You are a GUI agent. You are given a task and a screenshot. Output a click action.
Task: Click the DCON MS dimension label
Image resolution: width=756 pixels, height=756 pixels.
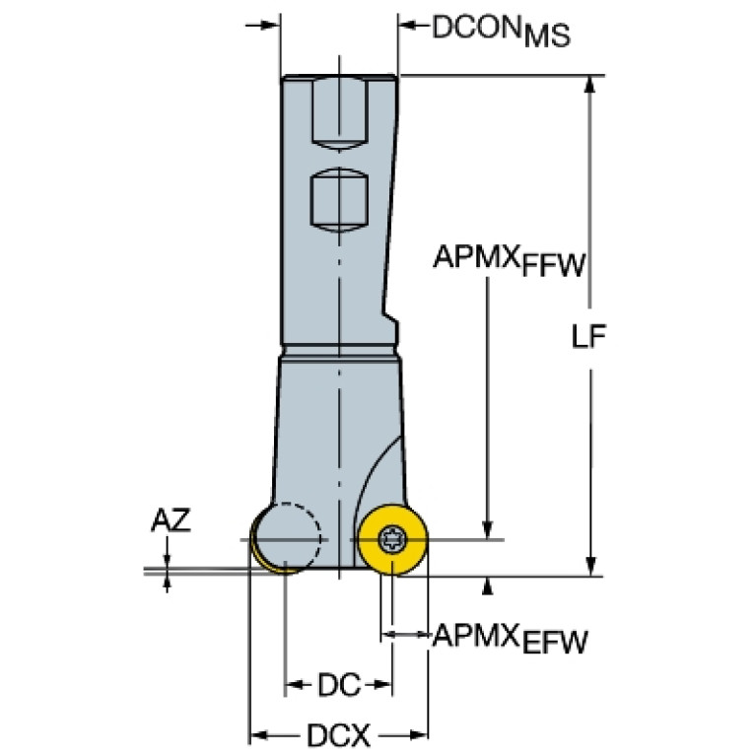(502, 31)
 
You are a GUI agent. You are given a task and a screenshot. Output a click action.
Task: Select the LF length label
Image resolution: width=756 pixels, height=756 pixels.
(588, 336)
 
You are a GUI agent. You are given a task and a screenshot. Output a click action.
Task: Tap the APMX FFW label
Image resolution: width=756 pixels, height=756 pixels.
(510, 261)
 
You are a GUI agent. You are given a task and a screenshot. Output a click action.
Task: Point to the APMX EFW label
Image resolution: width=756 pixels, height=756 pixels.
(511, 639)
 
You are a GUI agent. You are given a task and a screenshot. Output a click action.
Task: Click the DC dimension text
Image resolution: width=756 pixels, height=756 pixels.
(339, 685)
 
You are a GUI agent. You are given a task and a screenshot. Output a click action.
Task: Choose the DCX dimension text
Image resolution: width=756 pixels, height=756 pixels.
(338, 735)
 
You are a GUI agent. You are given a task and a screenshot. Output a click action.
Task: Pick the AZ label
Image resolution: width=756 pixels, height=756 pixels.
(172, 520)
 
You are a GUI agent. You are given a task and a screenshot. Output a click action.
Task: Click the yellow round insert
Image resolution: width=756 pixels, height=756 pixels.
(393, 540)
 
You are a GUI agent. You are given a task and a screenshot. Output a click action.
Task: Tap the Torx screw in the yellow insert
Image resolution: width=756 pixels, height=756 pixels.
(392, 539)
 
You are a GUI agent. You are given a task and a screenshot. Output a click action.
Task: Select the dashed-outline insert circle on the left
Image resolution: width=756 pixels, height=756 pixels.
(287, 538)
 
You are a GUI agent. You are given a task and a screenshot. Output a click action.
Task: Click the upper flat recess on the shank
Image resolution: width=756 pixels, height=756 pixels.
(340, 113)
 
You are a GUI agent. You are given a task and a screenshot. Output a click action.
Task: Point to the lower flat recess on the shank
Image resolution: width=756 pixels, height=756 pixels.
(339, 201)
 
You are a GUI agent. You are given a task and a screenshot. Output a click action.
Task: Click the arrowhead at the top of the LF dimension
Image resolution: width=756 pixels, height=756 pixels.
(590, 84)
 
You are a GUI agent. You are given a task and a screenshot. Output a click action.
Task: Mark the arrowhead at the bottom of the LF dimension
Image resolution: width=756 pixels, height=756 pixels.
(590, 567)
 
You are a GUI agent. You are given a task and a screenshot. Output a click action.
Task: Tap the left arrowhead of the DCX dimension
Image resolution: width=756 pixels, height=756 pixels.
(259, 735)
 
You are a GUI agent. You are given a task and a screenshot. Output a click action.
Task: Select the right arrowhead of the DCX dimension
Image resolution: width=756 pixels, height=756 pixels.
(418, 735)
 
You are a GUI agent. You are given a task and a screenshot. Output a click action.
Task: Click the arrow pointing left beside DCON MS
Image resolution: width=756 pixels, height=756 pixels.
(414, 25)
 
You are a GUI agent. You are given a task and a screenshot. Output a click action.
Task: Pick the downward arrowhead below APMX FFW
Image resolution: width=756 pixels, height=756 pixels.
(488, 529)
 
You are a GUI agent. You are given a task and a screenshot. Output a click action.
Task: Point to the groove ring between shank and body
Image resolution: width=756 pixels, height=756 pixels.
(340, 351)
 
